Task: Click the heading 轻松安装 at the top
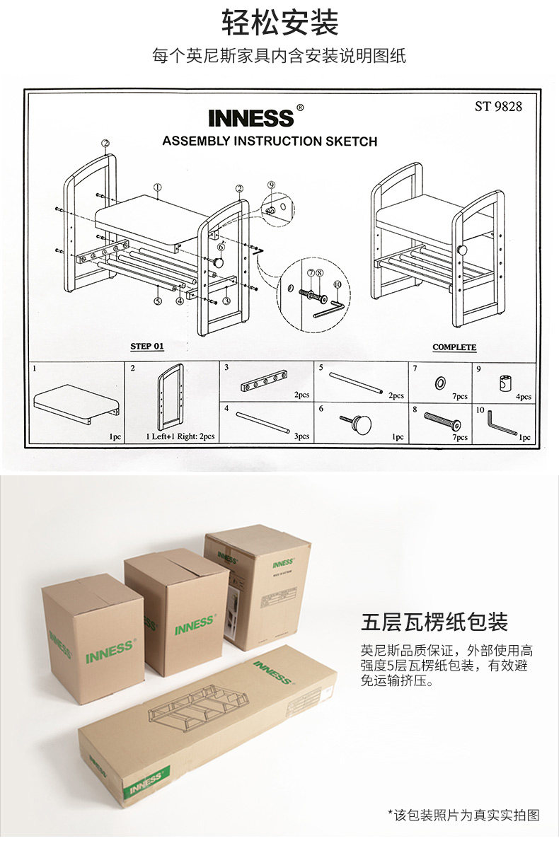point(280,23)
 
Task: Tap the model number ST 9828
point(498,107)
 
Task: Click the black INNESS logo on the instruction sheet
point(251,117)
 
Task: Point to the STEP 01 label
point(147,347)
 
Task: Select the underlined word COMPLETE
point(454,347)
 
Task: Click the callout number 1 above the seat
point(157,187)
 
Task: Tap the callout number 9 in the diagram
point(271,185)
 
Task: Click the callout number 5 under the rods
point(158,300)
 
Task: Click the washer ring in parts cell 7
point(439,383)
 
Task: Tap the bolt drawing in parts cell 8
point(442,422)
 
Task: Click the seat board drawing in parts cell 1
point(76,402)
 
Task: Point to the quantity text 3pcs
point(301,436)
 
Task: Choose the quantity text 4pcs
point(523,397)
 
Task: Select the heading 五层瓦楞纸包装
point(434,622)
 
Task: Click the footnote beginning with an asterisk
point(463,816)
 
